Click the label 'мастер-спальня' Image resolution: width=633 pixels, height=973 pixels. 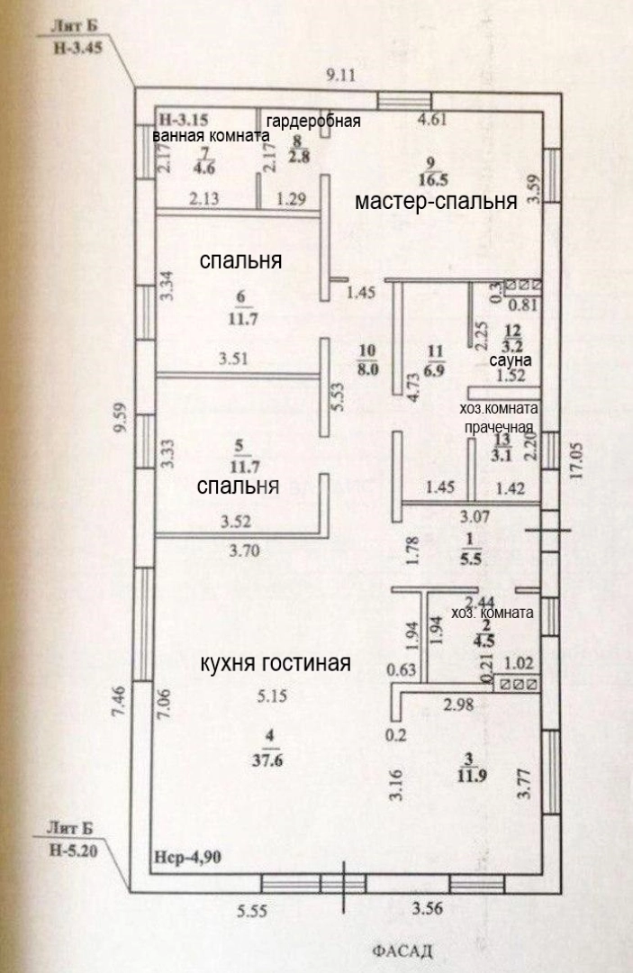[x=436, y=201]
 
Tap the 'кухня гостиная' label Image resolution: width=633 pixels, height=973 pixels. [x=275, y=664]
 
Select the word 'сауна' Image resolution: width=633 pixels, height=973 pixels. [x=510, y=360]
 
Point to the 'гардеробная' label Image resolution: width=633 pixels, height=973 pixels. [x=314, y=122]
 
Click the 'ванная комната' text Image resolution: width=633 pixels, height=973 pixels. [x=212, y=136]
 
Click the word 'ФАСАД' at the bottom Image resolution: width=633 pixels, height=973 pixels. [x=402, y=950]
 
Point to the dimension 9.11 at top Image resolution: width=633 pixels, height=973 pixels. [x=341, y=76]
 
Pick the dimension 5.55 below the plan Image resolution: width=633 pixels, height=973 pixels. [x=255, y=910]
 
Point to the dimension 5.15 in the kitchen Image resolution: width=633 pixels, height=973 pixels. [x=270, y=696]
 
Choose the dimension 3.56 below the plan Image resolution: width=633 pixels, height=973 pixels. [x=428, y=909]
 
